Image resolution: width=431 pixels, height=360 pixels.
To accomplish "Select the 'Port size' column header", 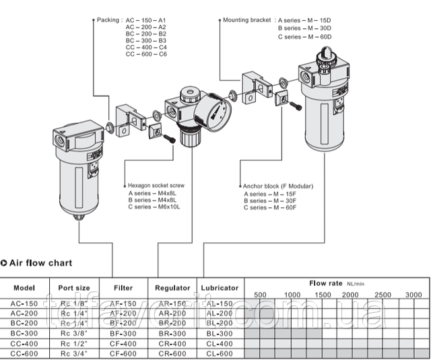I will tap(75, 287).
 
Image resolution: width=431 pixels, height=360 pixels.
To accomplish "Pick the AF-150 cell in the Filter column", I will tap(123, 303).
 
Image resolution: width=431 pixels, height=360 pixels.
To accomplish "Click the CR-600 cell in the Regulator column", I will tap(172, 353).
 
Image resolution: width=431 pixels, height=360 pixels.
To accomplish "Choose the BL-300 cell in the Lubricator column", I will tap(220, 333).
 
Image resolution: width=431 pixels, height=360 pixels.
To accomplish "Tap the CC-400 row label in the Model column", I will tap(25, 343).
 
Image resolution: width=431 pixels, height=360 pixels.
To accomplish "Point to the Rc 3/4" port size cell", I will tap(75, 353).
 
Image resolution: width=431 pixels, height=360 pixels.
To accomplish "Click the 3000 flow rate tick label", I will tap(413, 295).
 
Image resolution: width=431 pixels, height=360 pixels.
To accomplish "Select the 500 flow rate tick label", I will tap(260, 295).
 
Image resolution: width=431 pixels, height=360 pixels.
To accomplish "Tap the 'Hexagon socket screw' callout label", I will tap(156, 184).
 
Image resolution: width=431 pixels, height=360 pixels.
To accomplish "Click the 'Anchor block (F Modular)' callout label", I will tap(278, 186).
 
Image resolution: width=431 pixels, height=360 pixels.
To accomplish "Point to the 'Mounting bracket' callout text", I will tap(246, 21).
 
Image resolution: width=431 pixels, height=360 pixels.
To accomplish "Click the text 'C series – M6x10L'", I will tap(154, 207).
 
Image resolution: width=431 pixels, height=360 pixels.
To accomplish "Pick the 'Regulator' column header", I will tap(172, 287).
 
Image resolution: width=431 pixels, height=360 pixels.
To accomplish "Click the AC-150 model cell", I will tap(25, 303).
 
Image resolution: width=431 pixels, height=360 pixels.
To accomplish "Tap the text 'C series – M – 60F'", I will tap(270, 208).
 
